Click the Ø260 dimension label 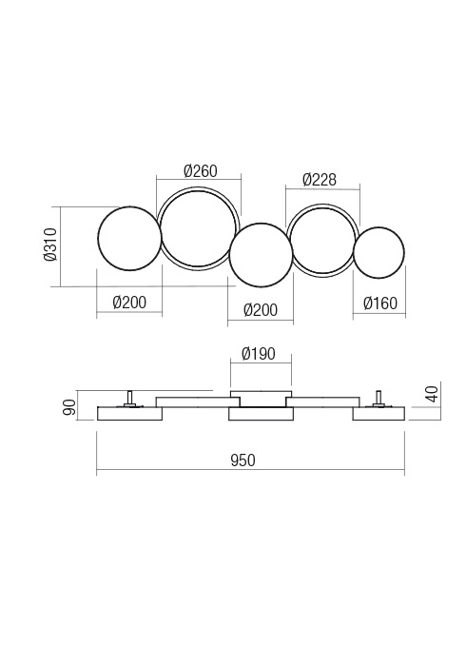tap(200, 172)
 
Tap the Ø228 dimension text tap(319, 180)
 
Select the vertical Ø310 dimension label tap(49, 246)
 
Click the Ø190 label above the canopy tap(258, 354)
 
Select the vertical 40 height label tap(432, 392)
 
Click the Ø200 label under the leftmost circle tap(129, 304)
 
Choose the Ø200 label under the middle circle tap(260, 310)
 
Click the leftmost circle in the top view tap(129, 238)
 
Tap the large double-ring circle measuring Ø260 tap(199, 229)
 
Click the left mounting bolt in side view tap(129, 399)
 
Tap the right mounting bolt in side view tap(379, 399)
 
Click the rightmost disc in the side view tap(379, 414)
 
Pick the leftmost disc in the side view tap(129, 414)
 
